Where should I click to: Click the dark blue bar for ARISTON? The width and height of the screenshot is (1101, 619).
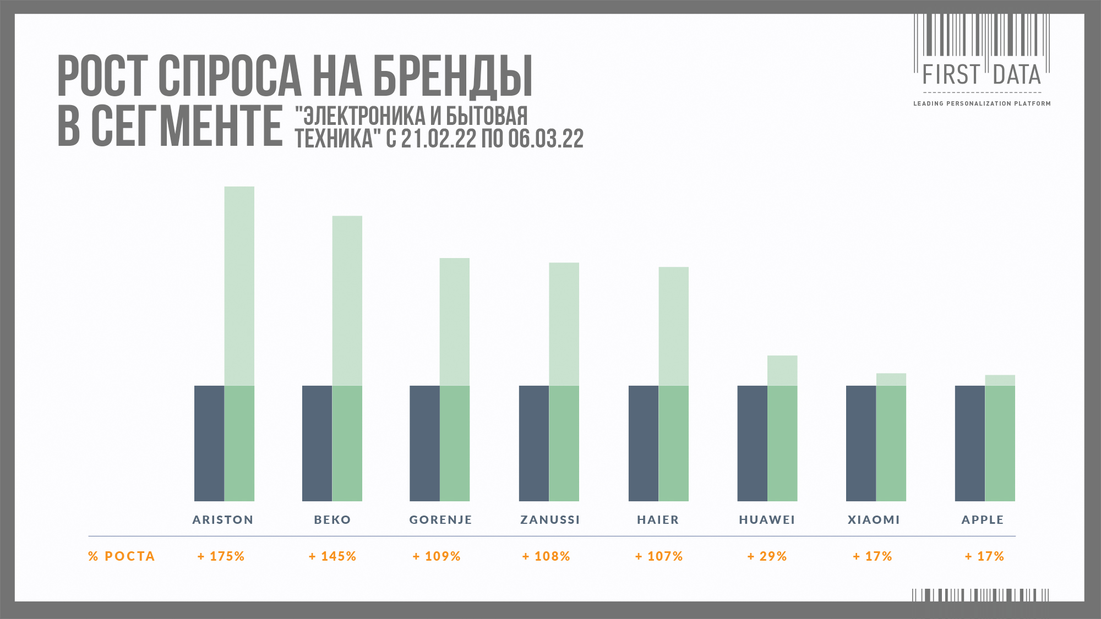[x=209, y=443]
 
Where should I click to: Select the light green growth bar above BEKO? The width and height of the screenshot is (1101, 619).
[x=347, y=300]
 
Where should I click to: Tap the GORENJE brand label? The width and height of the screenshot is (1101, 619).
[x=440, y=519]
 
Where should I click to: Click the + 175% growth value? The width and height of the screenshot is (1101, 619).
[x=221, y=556]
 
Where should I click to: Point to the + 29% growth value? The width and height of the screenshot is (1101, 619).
[x=767, y=556]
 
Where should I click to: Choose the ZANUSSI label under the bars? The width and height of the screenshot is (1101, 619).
[x=550, y=519]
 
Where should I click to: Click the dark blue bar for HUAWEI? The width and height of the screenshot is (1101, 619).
[x=752, y=443]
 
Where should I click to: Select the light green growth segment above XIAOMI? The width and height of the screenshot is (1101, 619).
[x=891, y=379]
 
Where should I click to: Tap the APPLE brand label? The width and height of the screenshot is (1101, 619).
[x=983, y=519]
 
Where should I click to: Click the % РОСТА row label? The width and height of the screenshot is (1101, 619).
[x=122, y=556]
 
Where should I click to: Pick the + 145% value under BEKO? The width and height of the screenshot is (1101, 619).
[x=333, y=556]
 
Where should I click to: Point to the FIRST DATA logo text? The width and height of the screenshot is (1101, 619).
[x=982, y=75]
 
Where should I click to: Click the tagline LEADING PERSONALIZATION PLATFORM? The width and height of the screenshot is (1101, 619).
[x=982, y=103]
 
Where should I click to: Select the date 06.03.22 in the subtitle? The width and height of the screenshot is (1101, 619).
[x=546, y=139]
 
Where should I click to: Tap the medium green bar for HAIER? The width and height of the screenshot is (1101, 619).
[x=673, y=443]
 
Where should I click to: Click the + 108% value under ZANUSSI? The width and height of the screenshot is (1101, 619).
[x=546, y=556]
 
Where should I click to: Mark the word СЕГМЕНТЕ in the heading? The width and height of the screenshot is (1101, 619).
[x=187, y=127]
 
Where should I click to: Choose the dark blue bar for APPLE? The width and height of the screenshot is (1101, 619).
[x=969, y=443]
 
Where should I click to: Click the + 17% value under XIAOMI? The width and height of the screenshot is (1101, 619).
[x=872, y=556]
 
